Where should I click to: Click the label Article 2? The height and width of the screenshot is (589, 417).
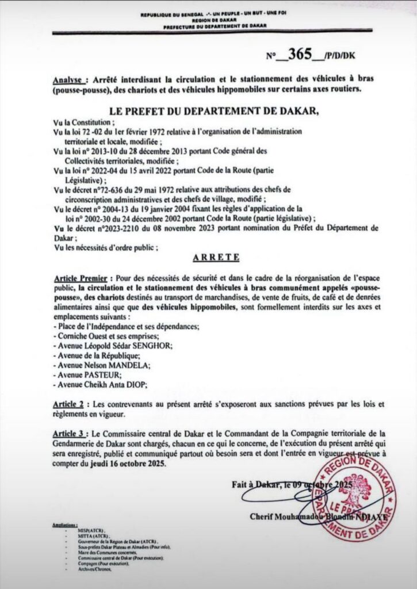pyautogui.click(x=68, y=404)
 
